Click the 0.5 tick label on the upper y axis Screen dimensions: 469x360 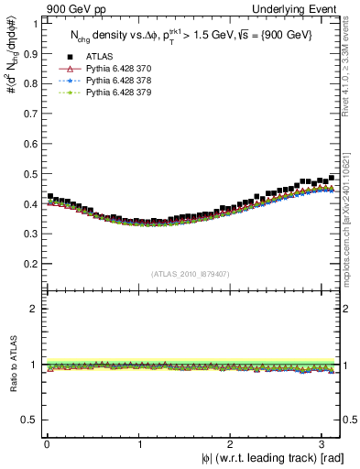[x=29, y=173]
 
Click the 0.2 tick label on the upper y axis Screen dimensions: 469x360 [x=29, y=264]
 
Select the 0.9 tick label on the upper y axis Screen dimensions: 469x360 [x=29, y=53]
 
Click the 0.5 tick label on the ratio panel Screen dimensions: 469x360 [x=29, y=420]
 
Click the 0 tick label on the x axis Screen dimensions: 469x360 [x=47, y=444]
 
